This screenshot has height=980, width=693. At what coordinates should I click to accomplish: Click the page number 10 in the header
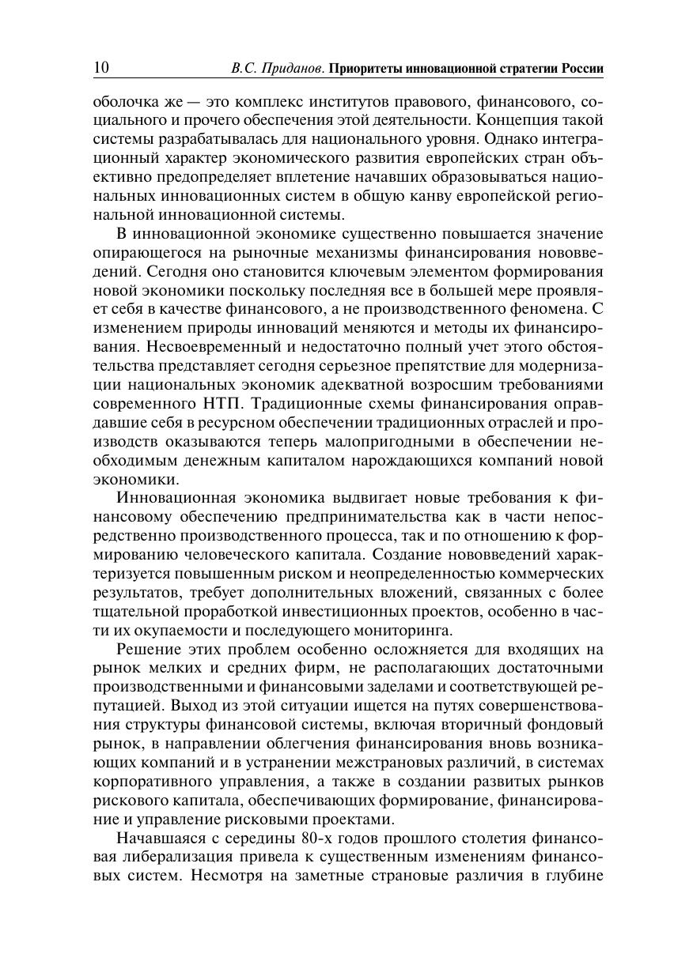coord(101,68)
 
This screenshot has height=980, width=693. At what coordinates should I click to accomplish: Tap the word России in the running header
coord(583,69)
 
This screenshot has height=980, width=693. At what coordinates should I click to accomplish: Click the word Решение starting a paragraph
coord(147,650)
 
